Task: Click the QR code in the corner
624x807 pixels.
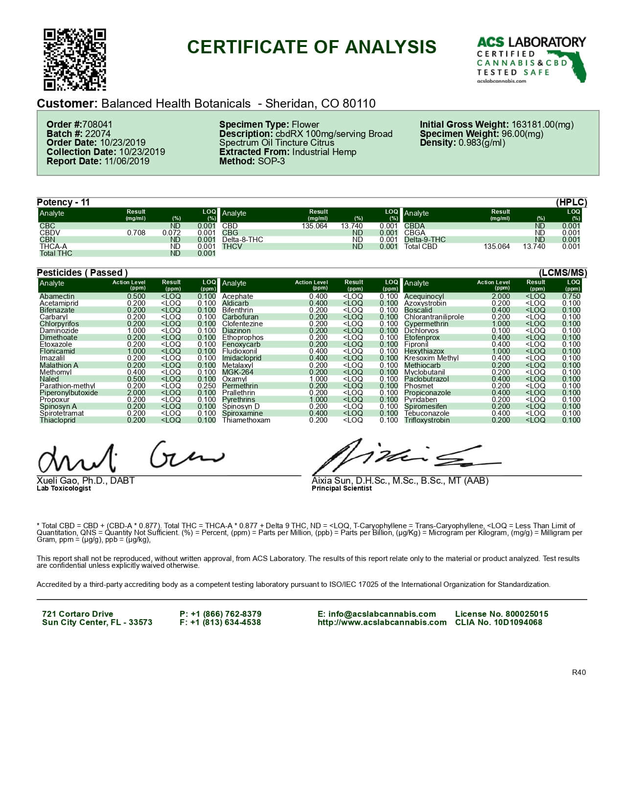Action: [x=75, y=60]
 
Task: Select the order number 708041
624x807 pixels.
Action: [x=97, y=125]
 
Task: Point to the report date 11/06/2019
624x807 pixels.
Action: [x=127, y=161]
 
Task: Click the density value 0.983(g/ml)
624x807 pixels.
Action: [x=482, y=143]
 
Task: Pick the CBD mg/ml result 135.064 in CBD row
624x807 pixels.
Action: [x=314, y=226]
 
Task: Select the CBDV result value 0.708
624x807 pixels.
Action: [x=136, y=233]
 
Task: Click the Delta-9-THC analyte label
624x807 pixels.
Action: [x=425, y=240]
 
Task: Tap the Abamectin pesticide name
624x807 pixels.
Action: [x=57, y=296]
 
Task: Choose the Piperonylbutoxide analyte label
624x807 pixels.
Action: [x=69, y=393]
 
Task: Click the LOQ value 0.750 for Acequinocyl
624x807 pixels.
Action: [x=571, y=296]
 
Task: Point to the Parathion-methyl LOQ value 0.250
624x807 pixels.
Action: [x=207, y=386]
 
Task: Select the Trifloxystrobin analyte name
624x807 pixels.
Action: [x=427, y=420]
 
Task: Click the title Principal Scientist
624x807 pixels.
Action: [x=342, y=488]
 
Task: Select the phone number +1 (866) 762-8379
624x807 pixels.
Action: [x=226, y=614]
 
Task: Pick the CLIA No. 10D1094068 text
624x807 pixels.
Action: [x=498, y=623]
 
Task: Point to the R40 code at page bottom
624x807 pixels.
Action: [x=578, y=672]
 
